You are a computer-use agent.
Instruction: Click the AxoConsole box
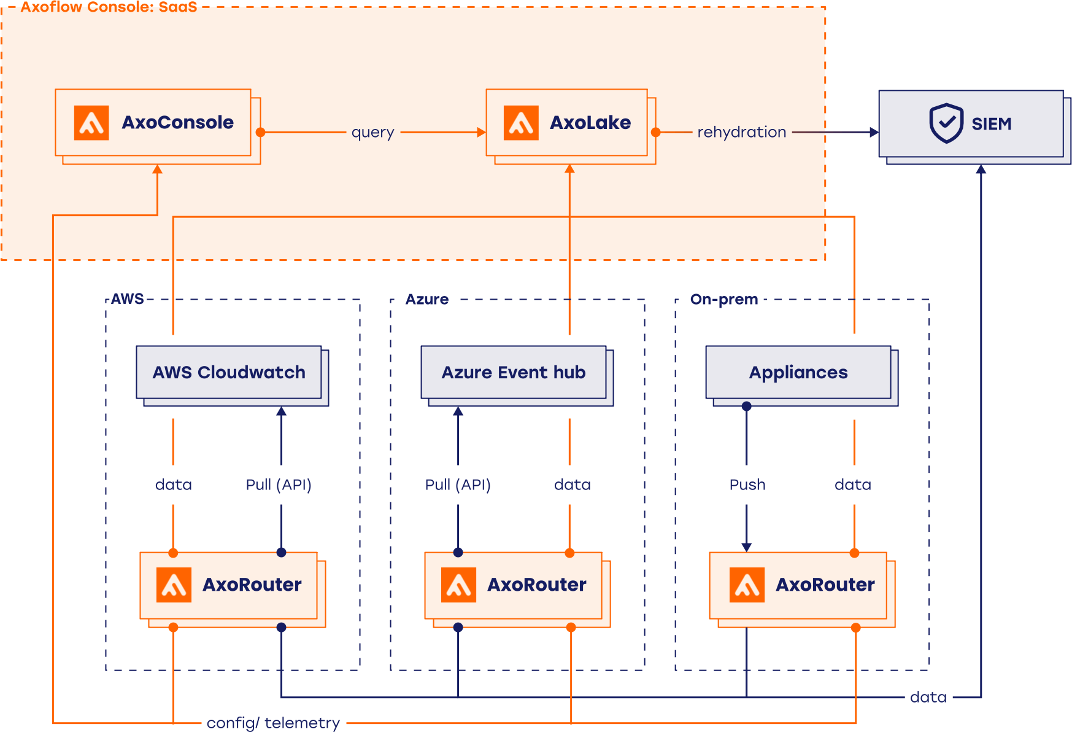(x=153, y=123)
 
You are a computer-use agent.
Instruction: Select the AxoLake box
(x=566, y=123)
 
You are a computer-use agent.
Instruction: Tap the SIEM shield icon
(x=946, y=123)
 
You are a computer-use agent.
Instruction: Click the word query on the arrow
(x=372, y=132)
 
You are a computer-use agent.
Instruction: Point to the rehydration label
(x=741, y=132)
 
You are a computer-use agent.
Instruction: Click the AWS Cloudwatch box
(x=229, y=372)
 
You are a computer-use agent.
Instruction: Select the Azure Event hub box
(x=514, y=372)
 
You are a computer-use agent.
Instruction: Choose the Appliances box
(x=798, y=372)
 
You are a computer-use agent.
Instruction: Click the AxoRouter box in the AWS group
(x=229, y=585)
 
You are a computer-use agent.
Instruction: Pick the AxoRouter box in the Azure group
(x=514, y=585)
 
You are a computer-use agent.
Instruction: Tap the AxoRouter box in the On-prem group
(x=798, y=585)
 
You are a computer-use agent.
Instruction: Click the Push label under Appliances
(x=747, y=485)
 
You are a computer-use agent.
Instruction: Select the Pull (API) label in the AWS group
(x=279, y=485)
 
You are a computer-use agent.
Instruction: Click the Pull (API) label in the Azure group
(x=458, y=485)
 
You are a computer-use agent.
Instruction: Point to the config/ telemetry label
(x=273, y=723)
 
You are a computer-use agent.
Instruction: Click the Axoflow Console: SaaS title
(x=109, y=7)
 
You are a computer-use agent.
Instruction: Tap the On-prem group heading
(x=724, y=299)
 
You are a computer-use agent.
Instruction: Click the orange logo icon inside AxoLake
(x=521, y=123)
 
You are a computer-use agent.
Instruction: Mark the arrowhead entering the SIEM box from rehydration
(x=874, y=132)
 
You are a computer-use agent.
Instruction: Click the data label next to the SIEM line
(x=928, y=697)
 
